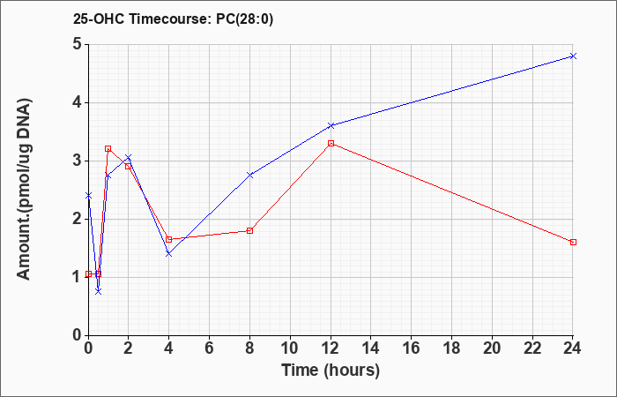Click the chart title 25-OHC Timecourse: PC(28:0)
[x=173, y=19]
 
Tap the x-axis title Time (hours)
[x=331, y=371]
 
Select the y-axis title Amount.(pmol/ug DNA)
[x=25, y=190]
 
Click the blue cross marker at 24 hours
[x=573, y=56]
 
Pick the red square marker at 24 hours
[x=573, y=243]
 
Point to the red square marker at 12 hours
[x=331, y=143]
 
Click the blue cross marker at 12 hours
[x=331, y=125]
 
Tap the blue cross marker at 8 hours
[x=249, y=175]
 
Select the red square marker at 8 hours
[x=249, y=230]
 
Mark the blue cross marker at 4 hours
[x=169, y=254]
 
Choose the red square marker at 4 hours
[x=169, y=239]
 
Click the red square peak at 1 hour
[x=108, y=148]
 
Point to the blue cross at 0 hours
[x=88, y=195]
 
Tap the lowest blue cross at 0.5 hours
[x=99, y=291]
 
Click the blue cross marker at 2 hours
[x=129, y=158]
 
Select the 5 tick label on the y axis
[x=78, y=44]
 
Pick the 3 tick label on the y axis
[x=78, y=161]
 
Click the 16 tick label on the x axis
[x=412, y=348]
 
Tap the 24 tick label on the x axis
[x=573, y=348]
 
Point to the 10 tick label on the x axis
[x=290, y=348]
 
